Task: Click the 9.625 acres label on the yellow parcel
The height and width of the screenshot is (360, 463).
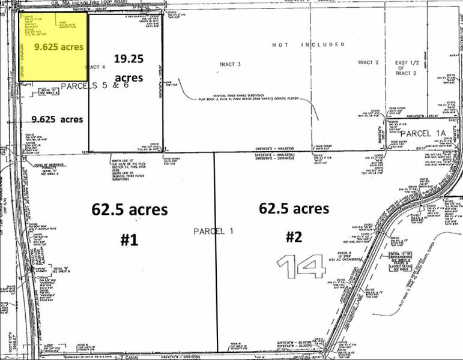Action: pyautogui.click(x=58, y=46)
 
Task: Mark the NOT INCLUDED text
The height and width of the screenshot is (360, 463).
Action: pyautogui.click(x=308, y=44)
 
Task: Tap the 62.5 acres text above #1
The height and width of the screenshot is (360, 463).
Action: pyautogui.click(x=129, y=210)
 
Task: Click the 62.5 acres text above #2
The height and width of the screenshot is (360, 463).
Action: pyautogui.click(x=294, y=208)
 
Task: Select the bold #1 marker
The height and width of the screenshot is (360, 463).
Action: pyautogui.click(x=129, y=239)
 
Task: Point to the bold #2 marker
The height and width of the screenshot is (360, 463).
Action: pyautogui.click(x=293, y=237)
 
